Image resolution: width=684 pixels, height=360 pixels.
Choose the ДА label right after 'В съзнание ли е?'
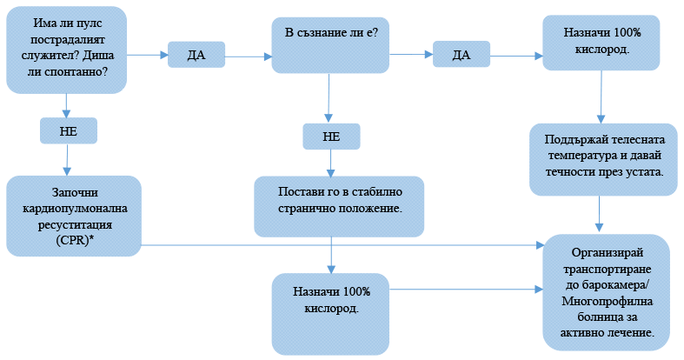point(462,56)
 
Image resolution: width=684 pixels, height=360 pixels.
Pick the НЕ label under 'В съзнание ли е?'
point(330,137)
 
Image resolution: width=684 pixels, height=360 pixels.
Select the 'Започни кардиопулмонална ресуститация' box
point(73,216)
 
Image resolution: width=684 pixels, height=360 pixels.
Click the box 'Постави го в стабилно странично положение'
point(340,206)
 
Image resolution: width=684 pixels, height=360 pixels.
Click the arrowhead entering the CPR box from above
point(68,170)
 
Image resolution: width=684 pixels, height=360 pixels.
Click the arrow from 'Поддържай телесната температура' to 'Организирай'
point(599,215)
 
